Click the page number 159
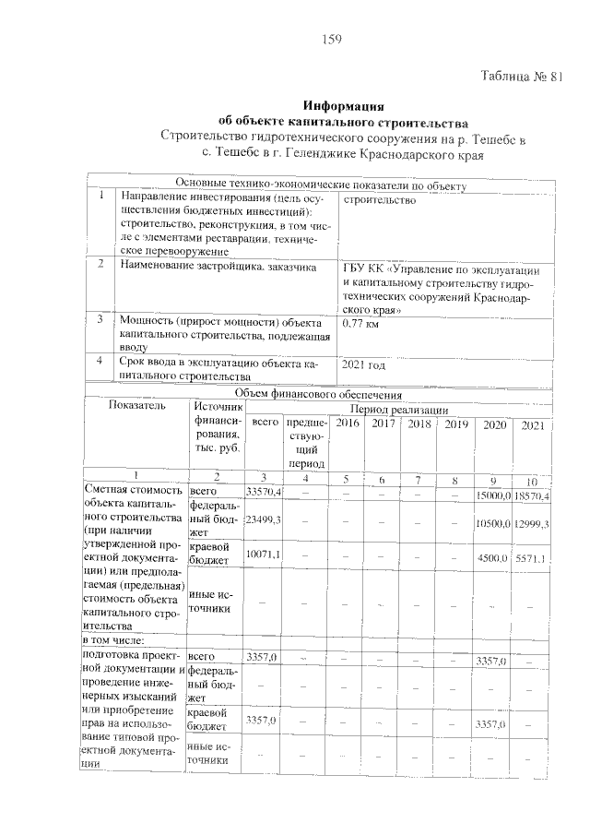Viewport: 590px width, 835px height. tap(332, 39)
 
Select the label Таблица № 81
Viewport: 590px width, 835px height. tap(522, 78)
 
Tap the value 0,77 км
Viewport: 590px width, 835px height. tap(360, 324)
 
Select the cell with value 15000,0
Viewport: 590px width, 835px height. tap(494, 496)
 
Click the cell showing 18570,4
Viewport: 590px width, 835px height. tap(532, 496)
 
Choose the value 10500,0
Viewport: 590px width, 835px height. tap(494, 524)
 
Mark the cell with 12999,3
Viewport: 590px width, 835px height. tap(532, 524)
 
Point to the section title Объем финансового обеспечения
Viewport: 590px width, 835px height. tap(313, 394)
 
